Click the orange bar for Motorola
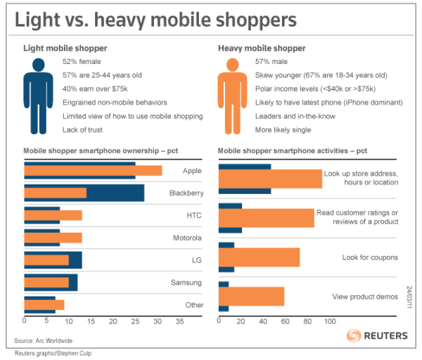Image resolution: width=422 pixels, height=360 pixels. (53, 238)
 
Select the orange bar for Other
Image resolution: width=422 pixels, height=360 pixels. (44, 305)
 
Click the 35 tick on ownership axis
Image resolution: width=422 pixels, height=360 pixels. (179, 321)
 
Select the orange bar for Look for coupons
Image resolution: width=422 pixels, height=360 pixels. (260, 257)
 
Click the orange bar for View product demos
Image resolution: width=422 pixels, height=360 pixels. (252, 297)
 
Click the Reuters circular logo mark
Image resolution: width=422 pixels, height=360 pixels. (353, 335)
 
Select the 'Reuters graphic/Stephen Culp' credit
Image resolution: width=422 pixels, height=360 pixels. (53, 353)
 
